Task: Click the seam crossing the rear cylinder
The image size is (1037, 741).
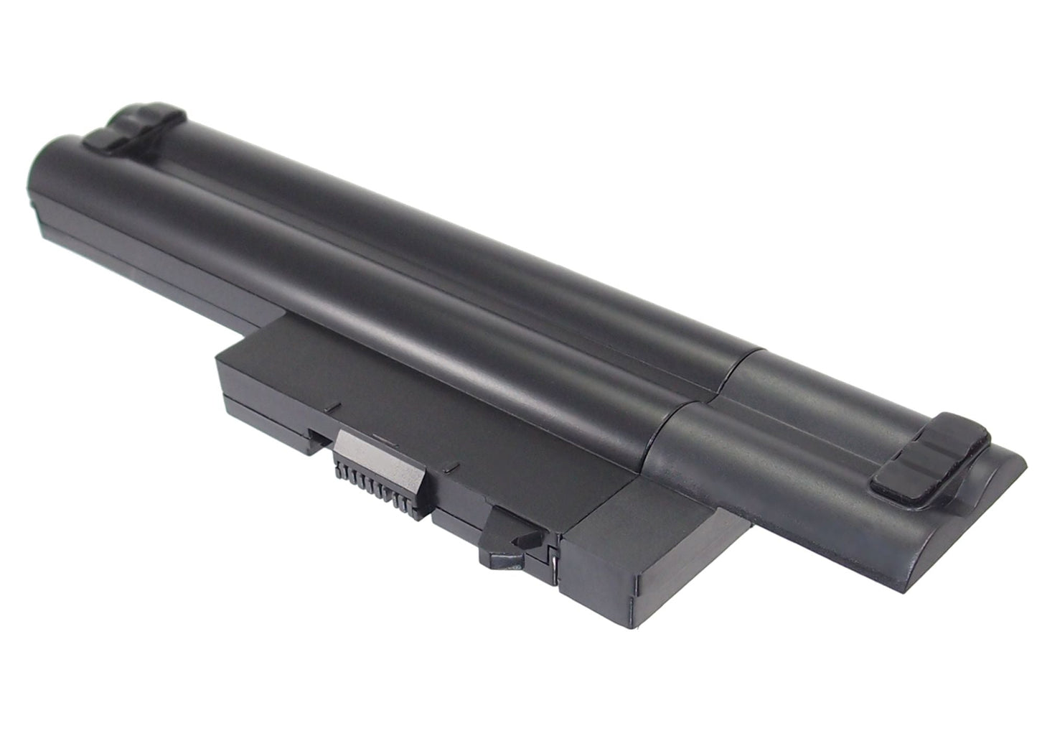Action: (743, 366)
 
